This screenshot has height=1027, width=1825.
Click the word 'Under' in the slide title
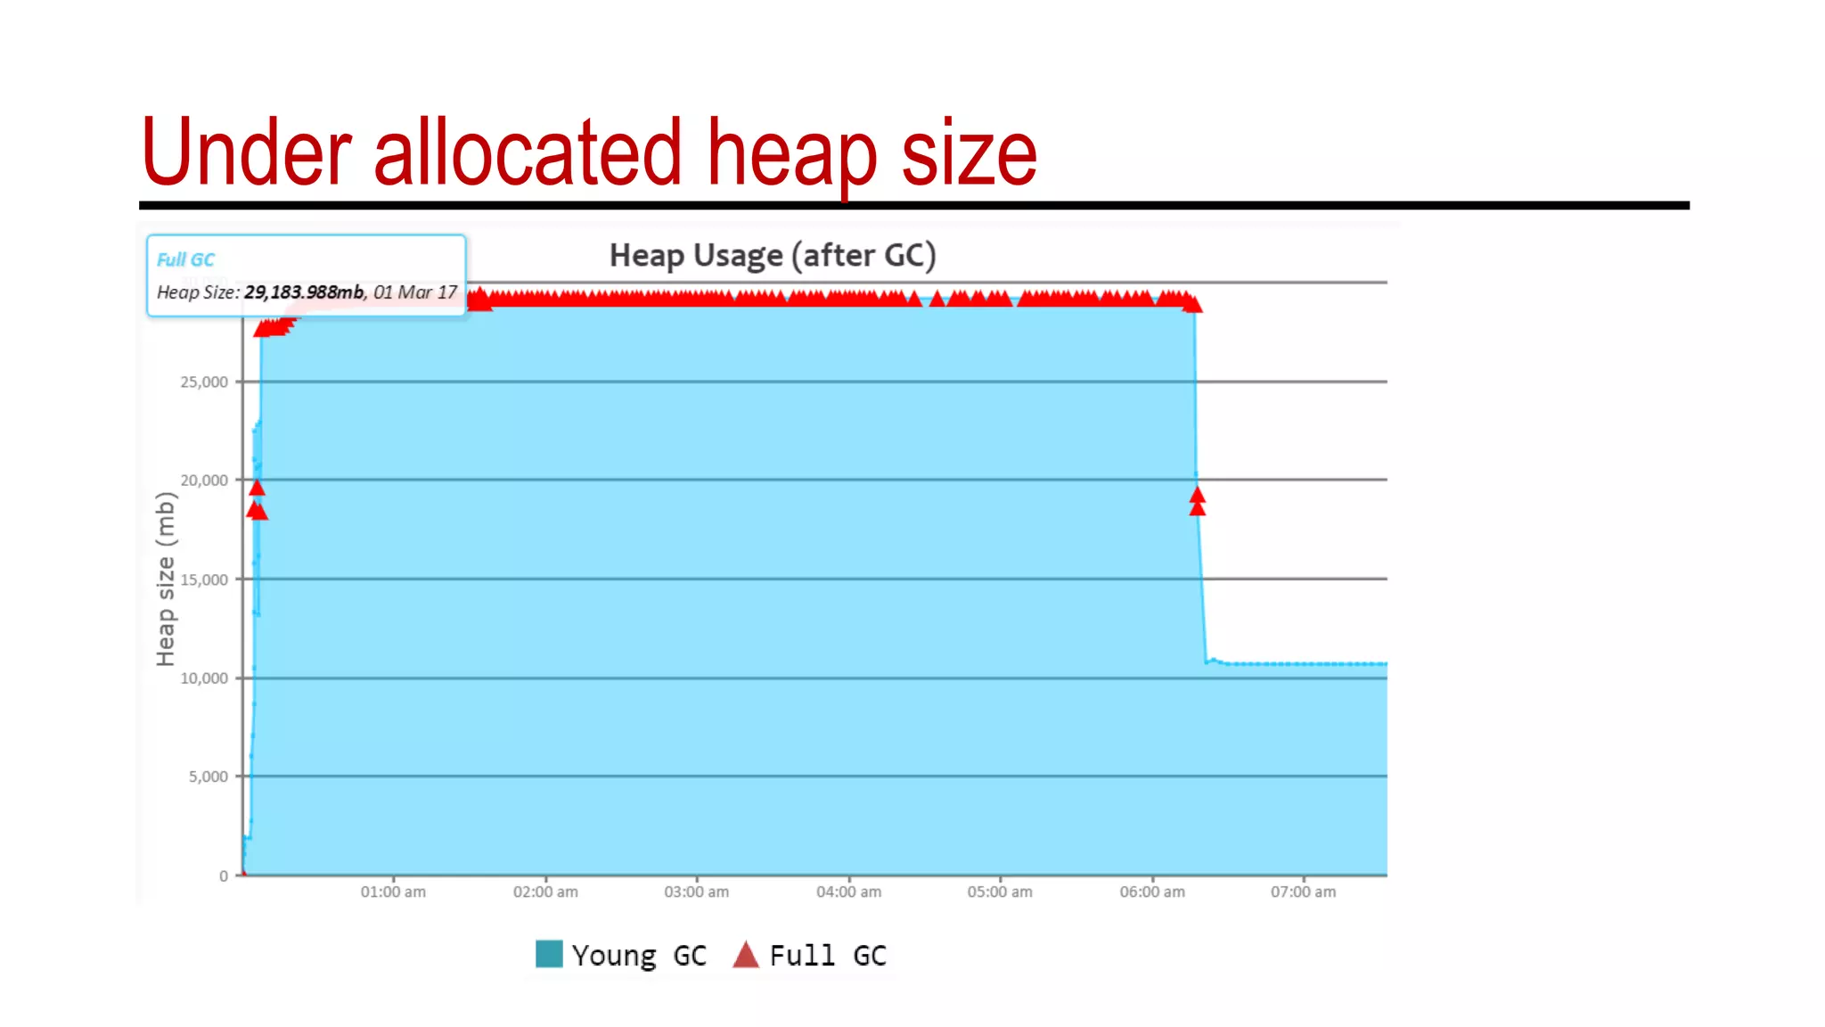246,153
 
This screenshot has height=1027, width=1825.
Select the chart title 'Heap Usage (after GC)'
772,256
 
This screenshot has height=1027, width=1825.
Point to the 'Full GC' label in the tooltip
185,259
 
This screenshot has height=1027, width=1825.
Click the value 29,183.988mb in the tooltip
304,292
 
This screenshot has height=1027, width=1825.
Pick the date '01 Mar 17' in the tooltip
415,292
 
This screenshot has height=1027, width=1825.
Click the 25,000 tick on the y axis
204,382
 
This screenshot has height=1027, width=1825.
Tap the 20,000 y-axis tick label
204,481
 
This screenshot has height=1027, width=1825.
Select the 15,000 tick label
204,579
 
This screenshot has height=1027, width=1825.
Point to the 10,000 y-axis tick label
204,678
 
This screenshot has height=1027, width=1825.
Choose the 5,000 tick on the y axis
208,776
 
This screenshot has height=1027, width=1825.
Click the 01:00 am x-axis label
393,891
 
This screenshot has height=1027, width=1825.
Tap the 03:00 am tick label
696,891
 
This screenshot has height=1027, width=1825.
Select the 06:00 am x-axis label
1152,891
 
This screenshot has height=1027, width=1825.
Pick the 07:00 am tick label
1303,891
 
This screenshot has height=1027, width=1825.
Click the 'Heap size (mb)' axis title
166,579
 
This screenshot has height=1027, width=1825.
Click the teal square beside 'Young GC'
549,954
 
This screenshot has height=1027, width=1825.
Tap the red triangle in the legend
746,955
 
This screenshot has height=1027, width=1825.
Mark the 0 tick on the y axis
224,876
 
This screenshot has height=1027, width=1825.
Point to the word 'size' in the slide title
969,153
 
